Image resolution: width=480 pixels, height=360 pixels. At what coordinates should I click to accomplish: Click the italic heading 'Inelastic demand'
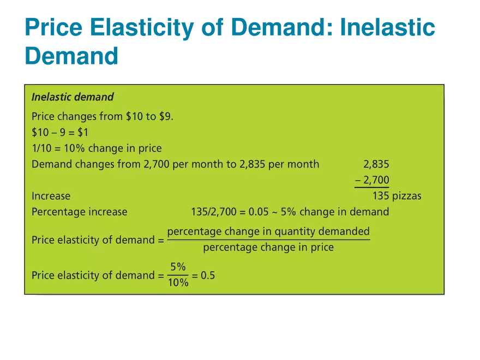click(73, 97)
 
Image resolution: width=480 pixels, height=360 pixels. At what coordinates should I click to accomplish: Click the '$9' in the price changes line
click(166, 116)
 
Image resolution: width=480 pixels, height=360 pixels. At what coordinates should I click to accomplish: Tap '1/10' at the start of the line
click(41, 148)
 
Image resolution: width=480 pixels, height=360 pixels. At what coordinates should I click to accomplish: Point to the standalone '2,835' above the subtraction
click(376, 164)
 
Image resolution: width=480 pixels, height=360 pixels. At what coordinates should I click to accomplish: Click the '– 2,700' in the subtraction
click(372, 180)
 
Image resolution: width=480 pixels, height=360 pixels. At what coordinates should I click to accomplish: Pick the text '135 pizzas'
click(397, 196)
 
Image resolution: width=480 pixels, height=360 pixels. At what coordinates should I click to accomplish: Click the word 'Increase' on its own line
click(51, 196)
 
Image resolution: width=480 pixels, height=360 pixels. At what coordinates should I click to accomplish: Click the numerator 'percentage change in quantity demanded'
click(268, 231)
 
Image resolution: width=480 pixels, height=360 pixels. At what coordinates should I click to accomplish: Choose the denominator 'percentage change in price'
click(268, 248)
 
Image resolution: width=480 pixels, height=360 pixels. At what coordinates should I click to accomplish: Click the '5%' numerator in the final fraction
click(178, 267)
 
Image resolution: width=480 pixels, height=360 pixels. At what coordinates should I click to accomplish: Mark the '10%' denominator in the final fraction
click(178, 283)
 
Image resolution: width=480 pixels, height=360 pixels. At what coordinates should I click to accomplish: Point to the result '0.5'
click(208, 275)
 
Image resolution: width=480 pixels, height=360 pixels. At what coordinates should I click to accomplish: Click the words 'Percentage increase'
click(80, 212)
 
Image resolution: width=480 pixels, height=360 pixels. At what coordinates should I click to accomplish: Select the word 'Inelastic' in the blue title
click(388, 28)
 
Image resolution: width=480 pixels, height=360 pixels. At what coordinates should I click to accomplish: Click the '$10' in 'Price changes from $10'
click(136, 116)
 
